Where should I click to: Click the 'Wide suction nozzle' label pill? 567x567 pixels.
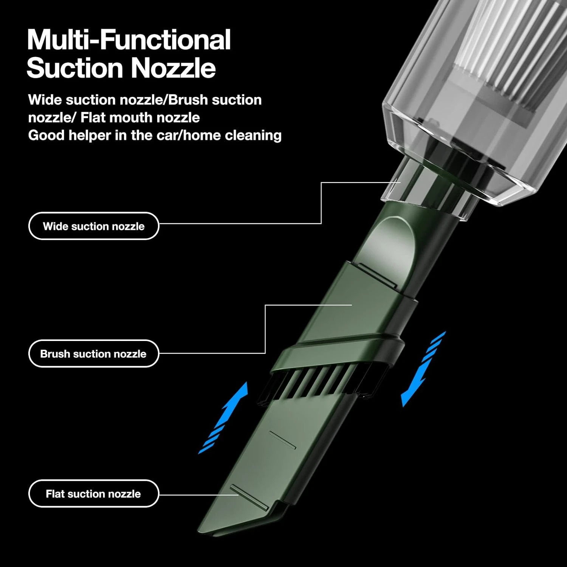94,226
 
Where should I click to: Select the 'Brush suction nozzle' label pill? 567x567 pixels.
94,353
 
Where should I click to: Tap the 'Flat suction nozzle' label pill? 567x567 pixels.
94,493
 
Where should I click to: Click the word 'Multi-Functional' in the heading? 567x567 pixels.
129,40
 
